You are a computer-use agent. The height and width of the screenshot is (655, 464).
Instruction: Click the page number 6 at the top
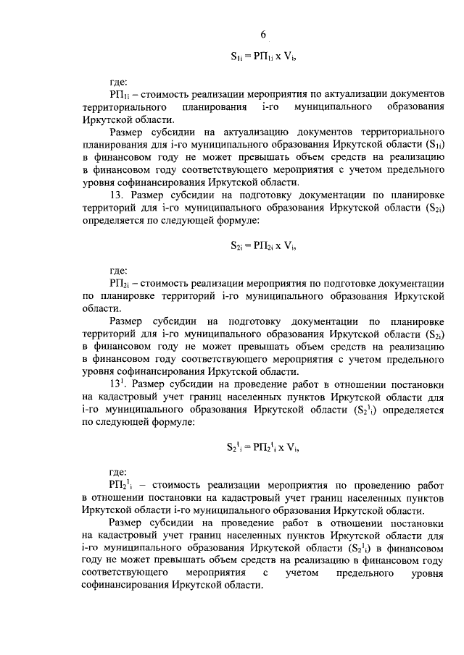coord(264,35)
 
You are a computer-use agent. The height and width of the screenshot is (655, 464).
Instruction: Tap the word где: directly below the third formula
coord(117,473)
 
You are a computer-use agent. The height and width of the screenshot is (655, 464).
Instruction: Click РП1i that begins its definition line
coord(119,95)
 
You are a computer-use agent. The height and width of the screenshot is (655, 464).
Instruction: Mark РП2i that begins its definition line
coord(119,285)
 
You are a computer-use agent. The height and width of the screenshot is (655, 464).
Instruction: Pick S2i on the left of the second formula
coord(237,245)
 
